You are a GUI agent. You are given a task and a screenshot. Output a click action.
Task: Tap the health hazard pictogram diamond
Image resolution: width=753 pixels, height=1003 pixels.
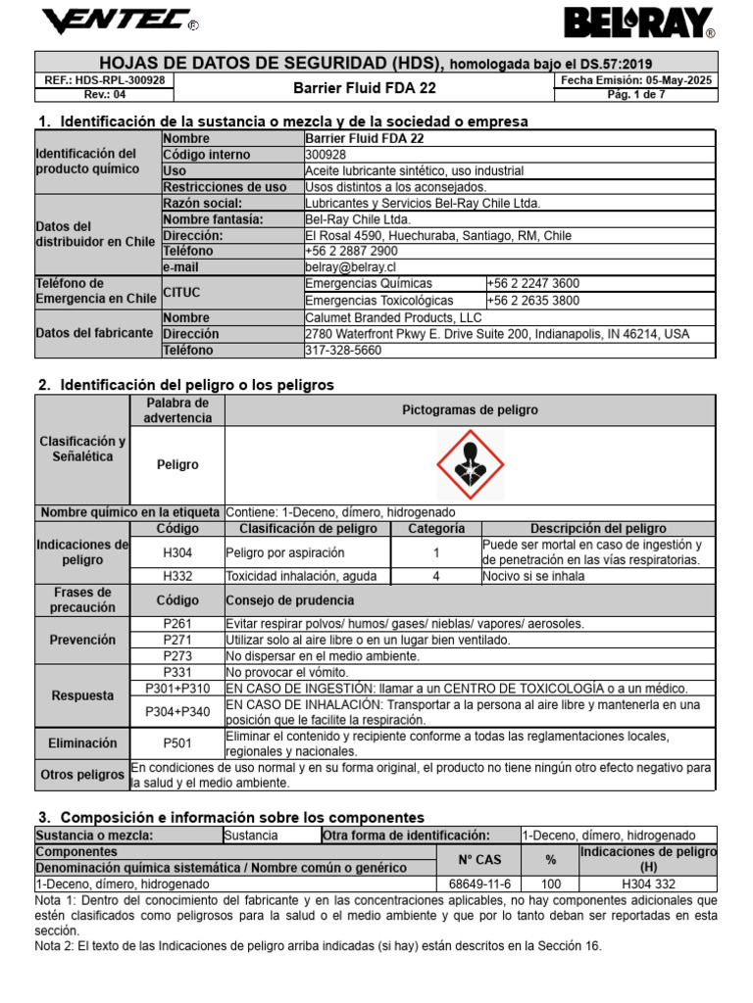(470, 463)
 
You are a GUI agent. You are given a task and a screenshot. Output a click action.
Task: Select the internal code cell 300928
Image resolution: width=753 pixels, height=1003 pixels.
(326, 155)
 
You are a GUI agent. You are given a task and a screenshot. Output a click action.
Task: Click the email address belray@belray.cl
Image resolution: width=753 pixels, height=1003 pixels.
(350, 266)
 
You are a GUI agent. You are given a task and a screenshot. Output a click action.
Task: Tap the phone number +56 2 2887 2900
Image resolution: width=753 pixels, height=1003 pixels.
(352, 252)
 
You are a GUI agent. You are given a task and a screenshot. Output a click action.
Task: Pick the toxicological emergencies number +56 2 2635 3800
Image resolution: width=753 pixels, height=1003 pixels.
(532, 301)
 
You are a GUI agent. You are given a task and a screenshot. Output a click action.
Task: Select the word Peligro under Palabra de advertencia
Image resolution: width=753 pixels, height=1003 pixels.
(177, 465)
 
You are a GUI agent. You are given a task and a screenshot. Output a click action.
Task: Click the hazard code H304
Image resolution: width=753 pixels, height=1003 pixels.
(177, 553)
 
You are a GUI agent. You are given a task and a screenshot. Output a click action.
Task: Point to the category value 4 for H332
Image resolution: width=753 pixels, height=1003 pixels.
(435, 577)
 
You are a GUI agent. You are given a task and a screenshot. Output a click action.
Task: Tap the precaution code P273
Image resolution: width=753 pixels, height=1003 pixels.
(177, 655)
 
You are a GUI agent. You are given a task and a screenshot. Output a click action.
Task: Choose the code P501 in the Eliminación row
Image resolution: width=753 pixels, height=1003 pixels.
(177, 743)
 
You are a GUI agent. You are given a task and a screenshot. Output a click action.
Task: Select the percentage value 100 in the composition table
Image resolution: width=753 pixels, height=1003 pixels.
(550, 884)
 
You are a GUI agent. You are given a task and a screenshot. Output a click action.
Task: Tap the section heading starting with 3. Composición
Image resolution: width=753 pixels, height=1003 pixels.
(230, 817)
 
